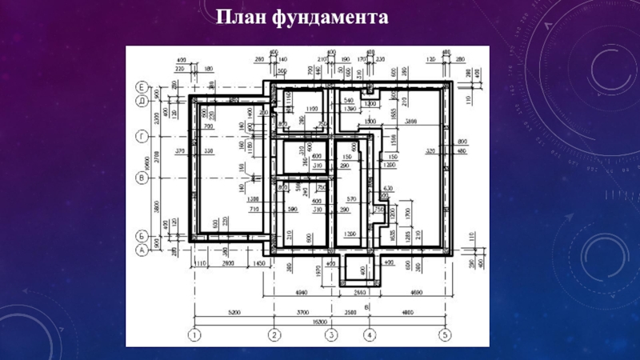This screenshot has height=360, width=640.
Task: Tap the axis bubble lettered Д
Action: pyautogui.click(x=141, y=101)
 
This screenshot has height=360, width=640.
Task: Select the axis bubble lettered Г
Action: pyautogui.click(x=141, y=137)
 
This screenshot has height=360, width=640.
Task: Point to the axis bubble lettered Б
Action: pyautogui.click(x=141, y=237)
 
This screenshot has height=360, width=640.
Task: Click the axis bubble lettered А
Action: pyautogui.click(x=141, y=250)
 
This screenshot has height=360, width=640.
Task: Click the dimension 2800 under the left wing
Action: pyautogui.click(x=227, y=262)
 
